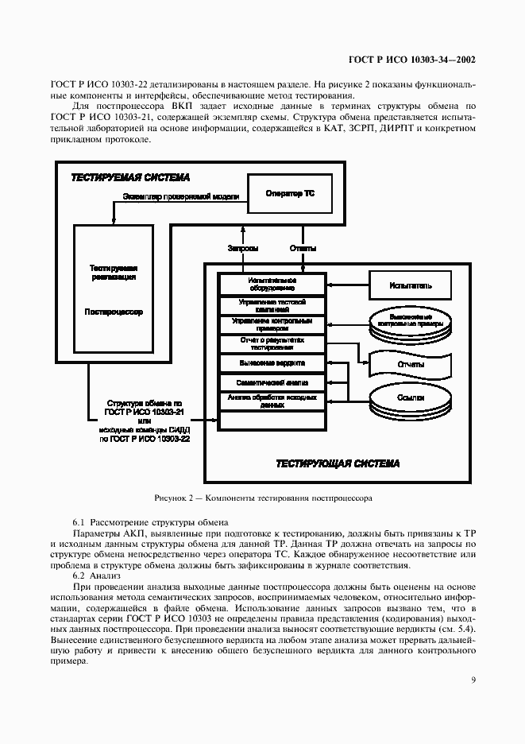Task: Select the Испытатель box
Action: [x=411, y=284]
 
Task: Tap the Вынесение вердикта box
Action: [x=272, y=363]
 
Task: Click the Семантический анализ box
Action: [x=272, y=382]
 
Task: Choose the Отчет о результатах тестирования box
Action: [x=272, y=343]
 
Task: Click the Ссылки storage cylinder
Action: [x=411, y=397]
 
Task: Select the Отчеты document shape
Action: [x=411, y=364]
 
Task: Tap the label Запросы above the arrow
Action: [x=242, y=249]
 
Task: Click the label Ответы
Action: [x=303, y=249]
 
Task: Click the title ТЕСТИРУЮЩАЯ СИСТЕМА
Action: [x=338, y=463]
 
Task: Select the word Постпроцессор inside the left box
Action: [x=114, y=312]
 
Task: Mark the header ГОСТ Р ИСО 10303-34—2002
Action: [x=412, y=60]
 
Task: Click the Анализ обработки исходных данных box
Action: [x=272, y=401]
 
